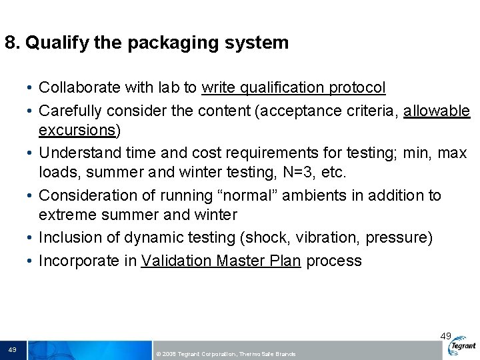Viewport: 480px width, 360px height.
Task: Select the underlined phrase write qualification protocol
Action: [x=293, y=87]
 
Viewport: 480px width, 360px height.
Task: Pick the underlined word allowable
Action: [x=437, y=110]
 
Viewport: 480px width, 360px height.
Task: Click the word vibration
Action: [x=327, y=238]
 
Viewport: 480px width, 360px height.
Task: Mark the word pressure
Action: [x=399, y=238]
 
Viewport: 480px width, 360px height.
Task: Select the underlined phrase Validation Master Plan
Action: [x=221, y=261]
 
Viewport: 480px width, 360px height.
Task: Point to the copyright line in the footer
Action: [x=225, y=354]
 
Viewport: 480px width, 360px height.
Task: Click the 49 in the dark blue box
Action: [x=13, y=350]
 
